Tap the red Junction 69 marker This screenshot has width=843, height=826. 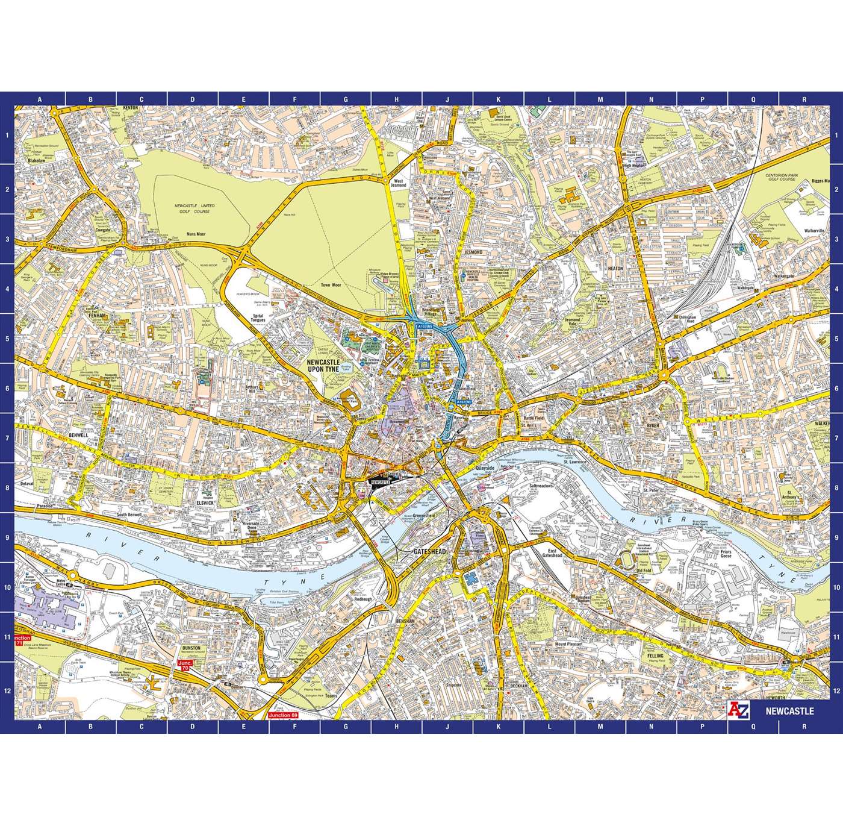(x=282, y=715)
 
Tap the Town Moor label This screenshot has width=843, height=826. (x=331, y=285)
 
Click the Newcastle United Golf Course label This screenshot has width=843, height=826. (x=194, y=209)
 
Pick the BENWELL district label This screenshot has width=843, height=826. (x=78, y=434)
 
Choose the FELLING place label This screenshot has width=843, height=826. (x=655, y=655)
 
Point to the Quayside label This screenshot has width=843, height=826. (x=484, y=468)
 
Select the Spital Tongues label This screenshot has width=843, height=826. (x=259, y=319)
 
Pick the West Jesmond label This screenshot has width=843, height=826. (x=398, y=183)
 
